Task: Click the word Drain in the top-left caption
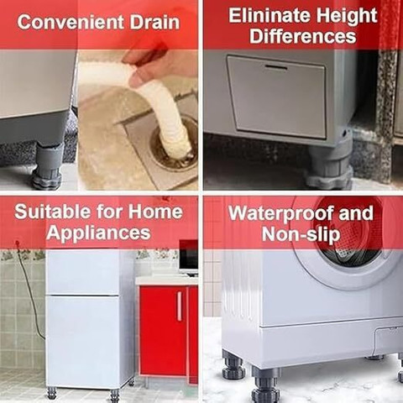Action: click(x=154, y=23)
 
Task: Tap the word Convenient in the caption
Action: click(x=71, y=23)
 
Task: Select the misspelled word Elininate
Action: click(x=270, y=16)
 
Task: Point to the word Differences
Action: click(x=303, y=36)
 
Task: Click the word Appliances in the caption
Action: click(x=98, y=233)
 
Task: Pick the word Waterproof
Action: click(x=280, y=214)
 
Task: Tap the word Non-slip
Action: click(x=301, y=235)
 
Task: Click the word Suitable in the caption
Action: click(x=51, y=212)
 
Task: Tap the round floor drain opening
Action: click(x=174, y=145)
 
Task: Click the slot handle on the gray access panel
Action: click(x=276, y=68)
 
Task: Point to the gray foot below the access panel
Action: click(x=330, y=165)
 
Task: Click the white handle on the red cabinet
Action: click(x=180, y=306)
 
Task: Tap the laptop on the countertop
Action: click(x=188, y=258)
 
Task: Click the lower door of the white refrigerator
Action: click(x=83, y=340)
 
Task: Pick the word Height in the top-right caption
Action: click(x=347, y=16)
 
